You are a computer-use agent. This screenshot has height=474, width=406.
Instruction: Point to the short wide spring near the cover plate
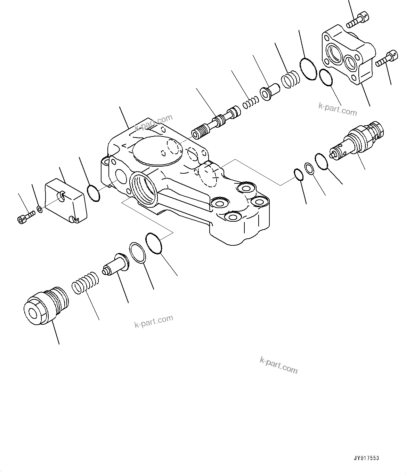(x=290, y=80)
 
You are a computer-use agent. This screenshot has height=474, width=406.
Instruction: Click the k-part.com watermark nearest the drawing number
(x=279, y=365)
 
